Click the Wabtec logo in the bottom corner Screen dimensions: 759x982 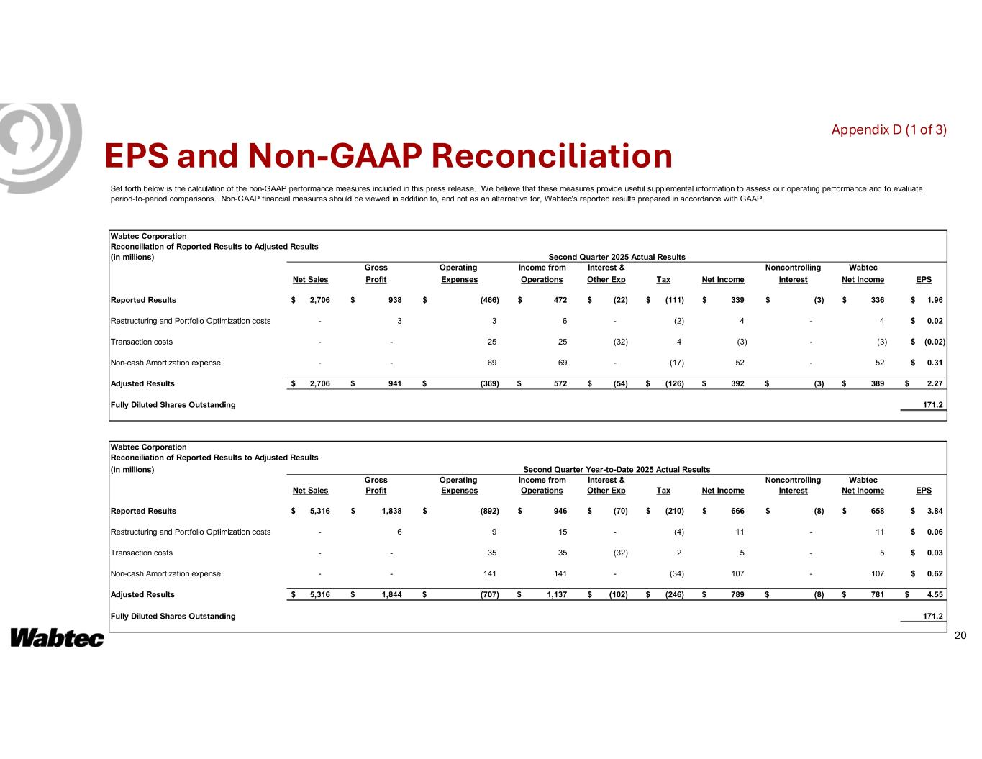click(57, 638)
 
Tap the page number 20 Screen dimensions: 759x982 click(960, 635)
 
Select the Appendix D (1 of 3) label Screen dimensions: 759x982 click(888, 129)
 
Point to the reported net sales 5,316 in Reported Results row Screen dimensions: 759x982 click(319, 511)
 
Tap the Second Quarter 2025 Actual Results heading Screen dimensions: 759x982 click(617, 257)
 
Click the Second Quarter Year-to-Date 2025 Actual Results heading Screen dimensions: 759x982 click(617, 469)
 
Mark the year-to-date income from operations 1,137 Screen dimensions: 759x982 click(553, 594)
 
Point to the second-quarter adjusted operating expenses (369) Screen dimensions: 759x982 click(489, 383)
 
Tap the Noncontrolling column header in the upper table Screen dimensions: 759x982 click(793, 268)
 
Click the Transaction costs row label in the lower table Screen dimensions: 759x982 click(141, 553)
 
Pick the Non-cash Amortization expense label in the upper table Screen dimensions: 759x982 click(165, 363)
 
